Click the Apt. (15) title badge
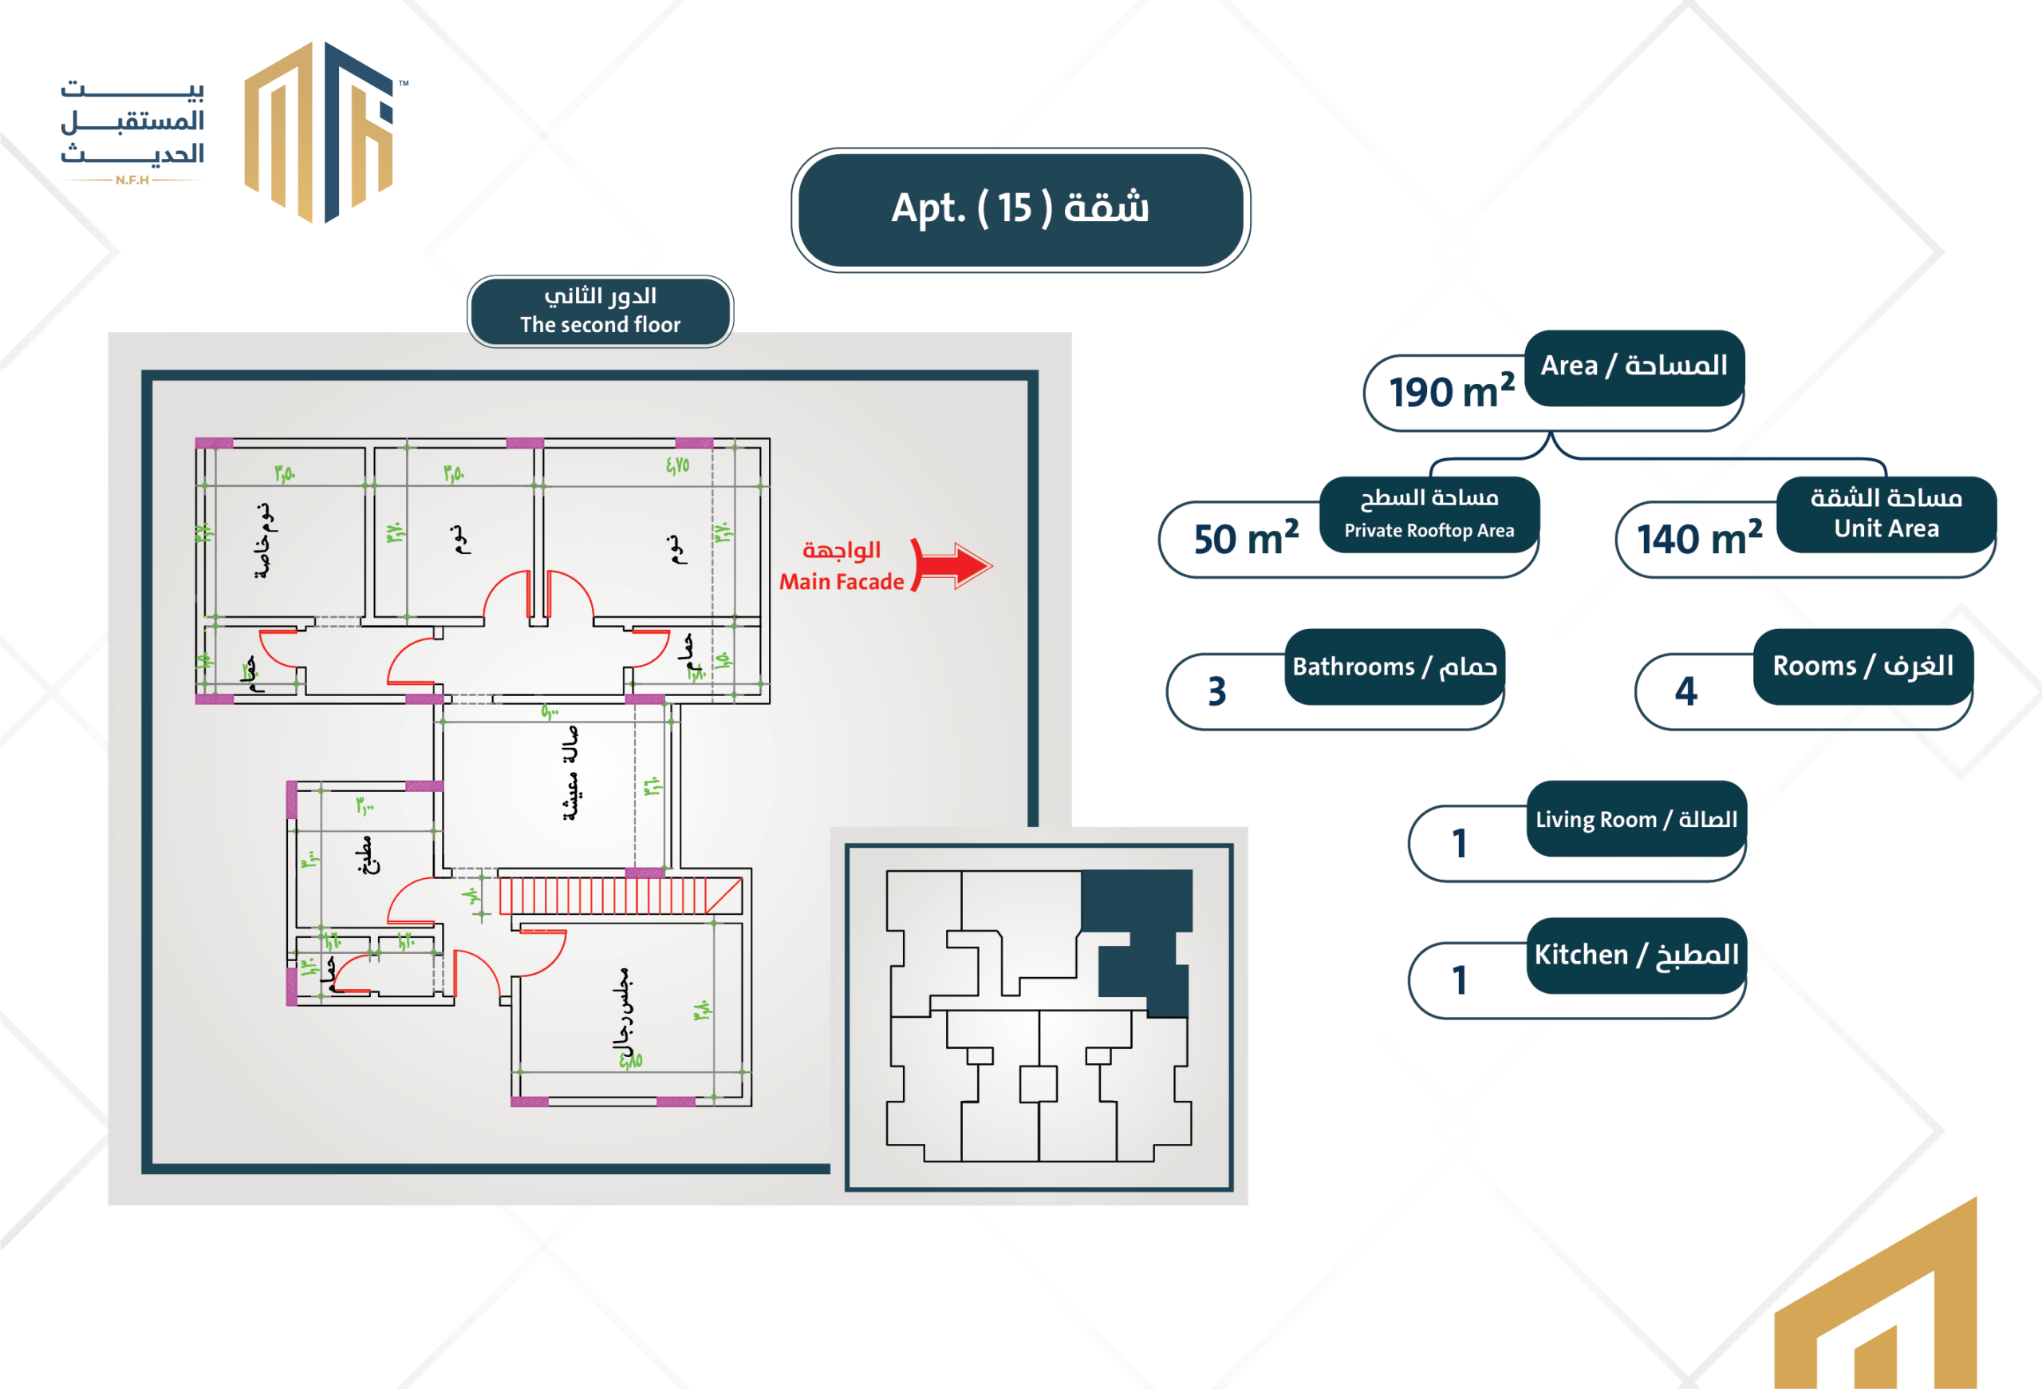(x=1020, y=209)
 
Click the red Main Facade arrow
(x=952, y=564)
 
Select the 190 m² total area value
(x=1451, y=392)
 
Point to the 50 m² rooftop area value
(x=1245, y=539)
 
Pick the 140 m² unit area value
(x=1698, y=539)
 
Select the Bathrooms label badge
(x=1394, y=667)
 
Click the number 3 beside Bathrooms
(x=1217, y=692)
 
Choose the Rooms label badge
(x=1863, y=667)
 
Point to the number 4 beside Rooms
(x=1685, y=692)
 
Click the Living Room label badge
(x=1636, y=818)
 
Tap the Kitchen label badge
(x=1636, y=955)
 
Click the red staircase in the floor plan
(x=620, y=896)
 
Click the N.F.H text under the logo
(x=132, y=180)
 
